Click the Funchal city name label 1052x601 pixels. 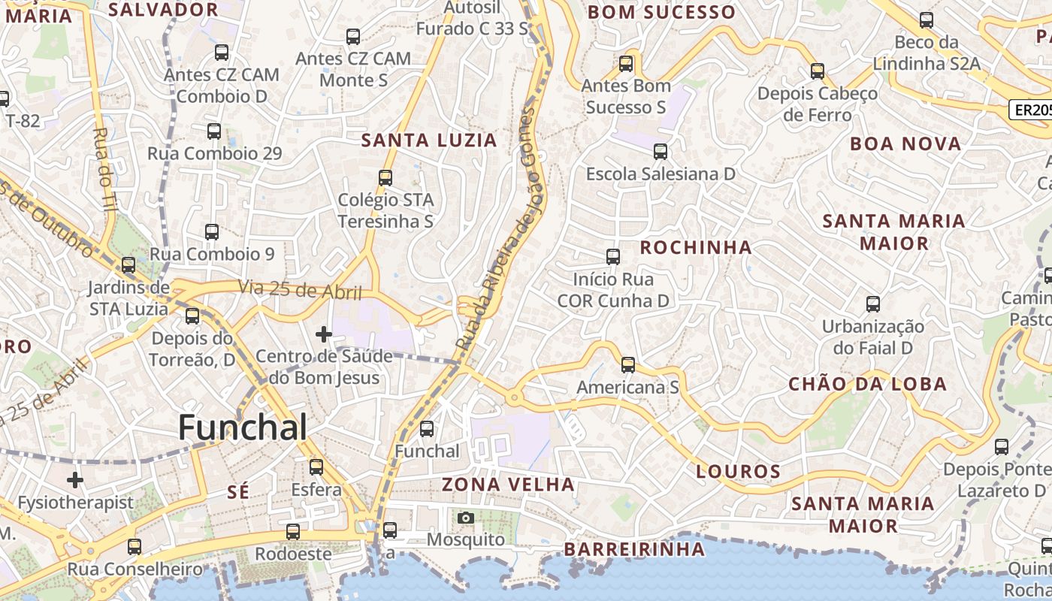point(242,427)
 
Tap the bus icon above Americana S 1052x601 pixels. point(628,365)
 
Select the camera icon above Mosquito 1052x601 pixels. point(466,518)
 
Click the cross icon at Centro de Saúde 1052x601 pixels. point(324,334)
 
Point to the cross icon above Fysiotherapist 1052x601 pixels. point(75,479)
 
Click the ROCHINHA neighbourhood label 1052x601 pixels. point(695,247)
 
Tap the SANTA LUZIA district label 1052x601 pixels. point(429,140)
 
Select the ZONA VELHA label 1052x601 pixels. point(508,485)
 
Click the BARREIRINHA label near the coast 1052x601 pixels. point(634,549)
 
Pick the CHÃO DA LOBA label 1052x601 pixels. point(867,384)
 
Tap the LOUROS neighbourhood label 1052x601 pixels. point(738,472)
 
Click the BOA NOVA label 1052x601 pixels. point(905,143)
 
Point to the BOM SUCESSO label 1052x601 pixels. point(661,12)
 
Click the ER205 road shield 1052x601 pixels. point(1031,110)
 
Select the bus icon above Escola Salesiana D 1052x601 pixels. point(661,152)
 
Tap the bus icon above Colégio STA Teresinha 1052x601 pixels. point(385,178)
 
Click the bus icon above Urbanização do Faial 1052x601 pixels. point(872,304)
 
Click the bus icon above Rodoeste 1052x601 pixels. point(293,532)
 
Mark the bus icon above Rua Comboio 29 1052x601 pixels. point(214,131)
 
